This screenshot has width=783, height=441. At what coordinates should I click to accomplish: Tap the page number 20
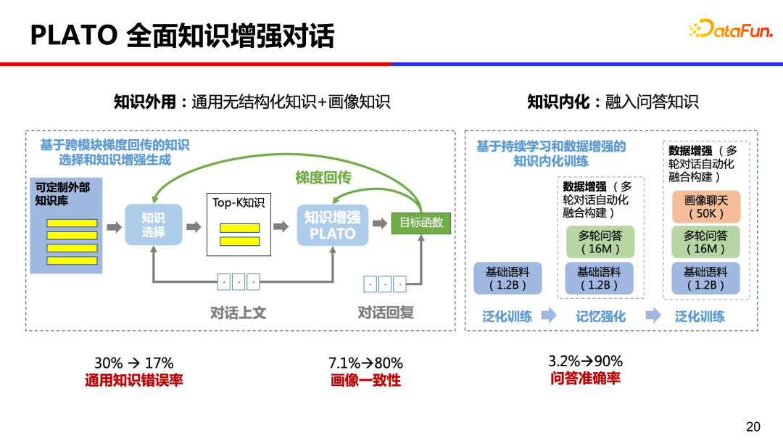(x=753, y=426)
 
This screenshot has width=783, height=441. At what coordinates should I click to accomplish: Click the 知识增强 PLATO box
(x=333, y=225)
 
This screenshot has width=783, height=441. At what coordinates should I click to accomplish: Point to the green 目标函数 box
(x=421, y=223)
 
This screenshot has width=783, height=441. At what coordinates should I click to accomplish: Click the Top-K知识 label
(x=239, y=202)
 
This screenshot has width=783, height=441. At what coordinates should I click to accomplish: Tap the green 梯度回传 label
(x=323, y=177)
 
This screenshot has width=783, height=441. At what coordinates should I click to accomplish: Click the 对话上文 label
(x=238, y=313)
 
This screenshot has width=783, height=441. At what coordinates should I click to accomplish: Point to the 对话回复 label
(x=386, y=313)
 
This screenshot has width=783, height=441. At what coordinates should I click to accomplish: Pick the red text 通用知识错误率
(x=134, y=380)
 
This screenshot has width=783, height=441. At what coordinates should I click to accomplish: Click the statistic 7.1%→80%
(x=365, y=363)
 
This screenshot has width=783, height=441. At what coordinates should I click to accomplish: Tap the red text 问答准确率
(x=585, y=379)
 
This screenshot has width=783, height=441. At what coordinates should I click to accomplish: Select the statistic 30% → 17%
(x=134, y=363)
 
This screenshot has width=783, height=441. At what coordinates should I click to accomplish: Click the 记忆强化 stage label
(x=600, y=316)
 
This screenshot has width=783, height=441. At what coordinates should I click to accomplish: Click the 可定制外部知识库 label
(x=63, y=193)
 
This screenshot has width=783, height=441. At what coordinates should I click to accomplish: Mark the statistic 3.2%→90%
(x=585, y=361)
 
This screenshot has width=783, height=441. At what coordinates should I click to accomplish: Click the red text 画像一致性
(x=365, y=380)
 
